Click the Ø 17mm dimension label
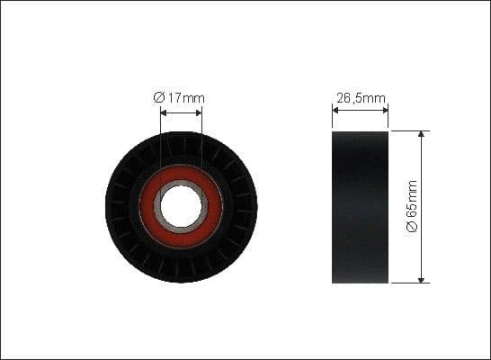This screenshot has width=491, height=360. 181,97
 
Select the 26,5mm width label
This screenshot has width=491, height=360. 360,97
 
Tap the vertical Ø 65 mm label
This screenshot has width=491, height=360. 413,206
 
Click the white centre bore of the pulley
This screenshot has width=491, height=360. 181,205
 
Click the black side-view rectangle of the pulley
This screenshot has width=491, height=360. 360,206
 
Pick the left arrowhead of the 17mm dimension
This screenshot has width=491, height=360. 163,112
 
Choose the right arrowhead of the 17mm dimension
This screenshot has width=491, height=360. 199,112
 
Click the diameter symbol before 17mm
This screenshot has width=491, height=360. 158,97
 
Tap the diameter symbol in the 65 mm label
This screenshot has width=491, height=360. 413,229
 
